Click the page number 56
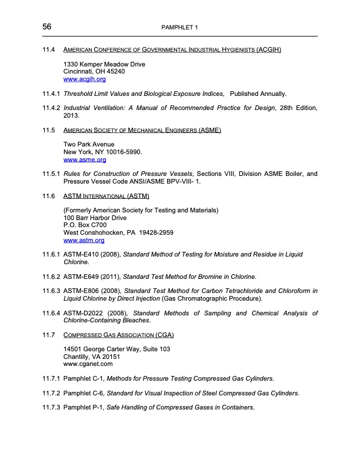point(47,27)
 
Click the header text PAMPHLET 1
point(180,28)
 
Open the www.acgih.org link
point(84,79)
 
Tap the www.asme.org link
point(84,159)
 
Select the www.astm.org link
point(84,240)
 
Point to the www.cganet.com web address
point(88,364)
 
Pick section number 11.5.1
point(51,174)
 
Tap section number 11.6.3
point(51,291)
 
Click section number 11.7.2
point(51,392)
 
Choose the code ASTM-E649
point(84,277)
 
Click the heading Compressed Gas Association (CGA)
point(118,335)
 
